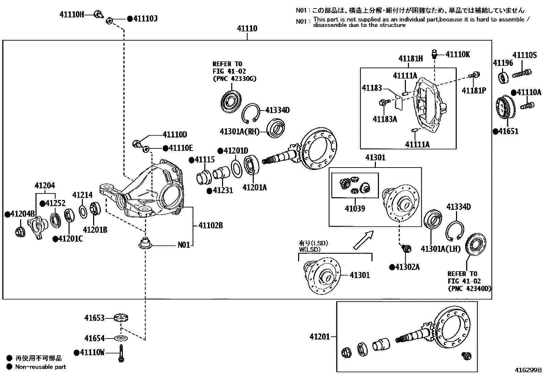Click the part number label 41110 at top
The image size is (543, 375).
coord(247,29)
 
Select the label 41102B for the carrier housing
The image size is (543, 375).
coord(210,226)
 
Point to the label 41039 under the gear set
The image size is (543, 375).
coord(355,208)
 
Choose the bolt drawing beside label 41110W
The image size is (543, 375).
coord(121,353)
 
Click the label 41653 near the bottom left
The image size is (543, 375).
coord(94,318)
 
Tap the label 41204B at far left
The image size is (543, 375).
coord(20,214)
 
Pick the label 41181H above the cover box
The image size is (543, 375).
coord(410,59)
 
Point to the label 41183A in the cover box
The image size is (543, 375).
coord(385,119)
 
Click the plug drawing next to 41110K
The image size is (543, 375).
coord(435,54)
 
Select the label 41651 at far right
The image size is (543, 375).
coord(508,131)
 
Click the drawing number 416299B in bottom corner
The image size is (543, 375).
coord(528,370)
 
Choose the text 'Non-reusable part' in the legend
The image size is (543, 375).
coord(41,367)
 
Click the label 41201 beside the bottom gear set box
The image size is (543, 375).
coord(320,337)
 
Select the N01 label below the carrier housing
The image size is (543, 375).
coord(184,245)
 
